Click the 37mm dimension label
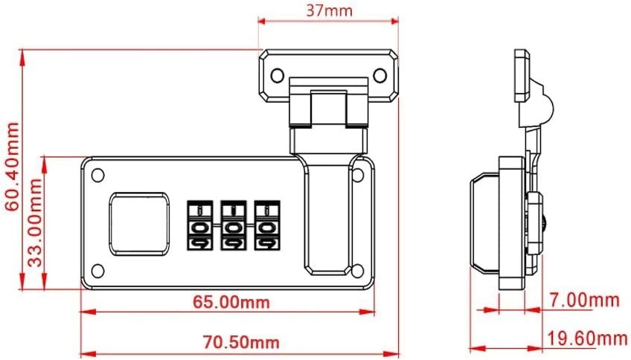point(329,10)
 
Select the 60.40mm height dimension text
point(11,168)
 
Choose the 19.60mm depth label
point(588,340)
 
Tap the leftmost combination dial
point(199,225)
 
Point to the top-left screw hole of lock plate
point(97,176)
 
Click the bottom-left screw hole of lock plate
point(97,271)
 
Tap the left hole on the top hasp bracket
point(277,74)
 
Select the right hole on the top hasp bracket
point(379,74)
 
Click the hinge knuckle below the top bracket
point(328,108)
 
